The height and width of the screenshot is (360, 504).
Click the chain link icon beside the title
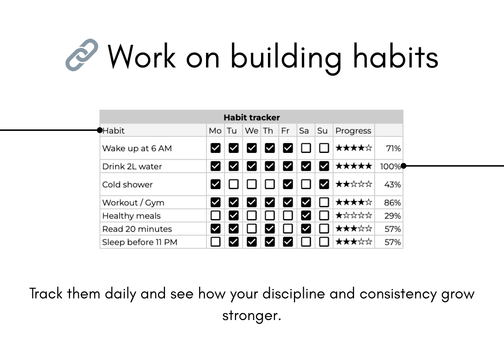pos(82,55)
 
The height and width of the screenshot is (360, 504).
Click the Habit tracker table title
pos(251,117)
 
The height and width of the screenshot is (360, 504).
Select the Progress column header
pos(353,131)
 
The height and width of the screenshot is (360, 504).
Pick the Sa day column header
pos(304,131)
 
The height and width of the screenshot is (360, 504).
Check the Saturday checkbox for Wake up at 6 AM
pos(306,148)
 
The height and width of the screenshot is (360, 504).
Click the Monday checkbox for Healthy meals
pos(216,216)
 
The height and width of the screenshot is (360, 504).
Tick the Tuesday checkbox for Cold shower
pos(233,184)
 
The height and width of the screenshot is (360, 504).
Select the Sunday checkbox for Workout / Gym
pos(324,202)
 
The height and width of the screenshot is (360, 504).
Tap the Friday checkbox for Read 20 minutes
pos(288,229)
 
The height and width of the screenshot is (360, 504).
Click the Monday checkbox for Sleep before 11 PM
pos(216,242)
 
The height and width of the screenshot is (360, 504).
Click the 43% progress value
pos(392,184)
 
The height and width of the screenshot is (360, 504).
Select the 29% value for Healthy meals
pos(392,216)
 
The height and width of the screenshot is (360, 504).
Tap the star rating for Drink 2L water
pos(353,166)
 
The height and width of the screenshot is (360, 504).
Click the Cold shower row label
pos(127,184)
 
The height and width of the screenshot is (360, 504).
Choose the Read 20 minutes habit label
pos(137,229)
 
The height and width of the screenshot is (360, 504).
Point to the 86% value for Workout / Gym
pos(392,202)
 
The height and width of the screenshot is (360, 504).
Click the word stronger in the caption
pos(251,315)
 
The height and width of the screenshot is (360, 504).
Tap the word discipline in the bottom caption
pos(294,294)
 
